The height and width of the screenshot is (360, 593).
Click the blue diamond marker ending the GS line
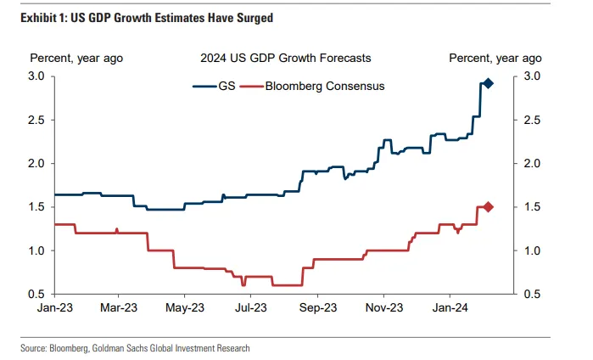[x=488, y=83]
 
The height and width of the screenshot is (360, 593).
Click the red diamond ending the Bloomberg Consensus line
[x=488, y=207]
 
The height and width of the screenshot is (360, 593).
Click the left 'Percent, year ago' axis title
[x=77, y=58]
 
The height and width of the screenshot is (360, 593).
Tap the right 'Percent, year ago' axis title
[x=495, y=58]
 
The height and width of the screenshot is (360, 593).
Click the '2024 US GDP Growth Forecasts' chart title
[x=285, y=58]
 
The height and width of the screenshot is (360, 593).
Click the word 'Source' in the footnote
[x=36, y=347]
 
